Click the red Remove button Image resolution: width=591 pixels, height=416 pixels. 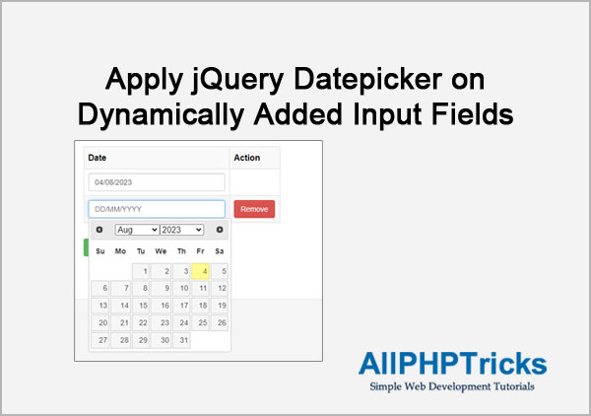(x=254, y=209)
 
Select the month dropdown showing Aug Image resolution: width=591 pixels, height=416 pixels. (x=137, y=230)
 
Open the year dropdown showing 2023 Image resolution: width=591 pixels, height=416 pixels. (x=182, y=230)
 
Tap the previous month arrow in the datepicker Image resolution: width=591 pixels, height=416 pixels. (x=99, y=230)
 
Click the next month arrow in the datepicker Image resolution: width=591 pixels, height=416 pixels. (x=220, y=230)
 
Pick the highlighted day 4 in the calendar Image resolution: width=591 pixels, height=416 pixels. (x=200, y=271)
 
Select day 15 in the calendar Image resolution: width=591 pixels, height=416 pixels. (x=141, y=306)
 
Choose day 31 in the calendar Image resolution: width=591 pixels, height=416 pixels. (x=181, y=340)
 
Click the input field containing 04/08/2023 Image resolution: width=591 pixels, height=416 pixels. (x=157, y=182)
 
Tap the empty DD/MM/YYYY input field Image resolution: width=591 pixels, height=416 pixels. (x=157, y=209)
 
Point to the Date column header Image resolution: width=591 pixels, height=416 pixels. (x=98, y=158)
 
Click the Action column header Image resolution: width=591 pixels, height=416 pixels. (x=247, y=158)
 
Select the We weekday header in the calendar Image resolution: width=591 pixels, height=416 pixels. (x=161, y=251)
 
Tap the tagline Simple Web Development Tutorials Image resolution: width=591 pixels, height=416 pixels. (x=452, y=386)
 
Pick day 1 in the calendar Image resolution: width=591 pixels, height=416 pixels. (x=141, y=271)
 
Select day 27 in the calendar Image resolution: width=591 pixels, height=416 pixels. (x=100, y=340)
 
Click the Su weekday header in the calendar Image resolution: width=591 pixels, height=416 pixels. (x=100, y=251)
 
